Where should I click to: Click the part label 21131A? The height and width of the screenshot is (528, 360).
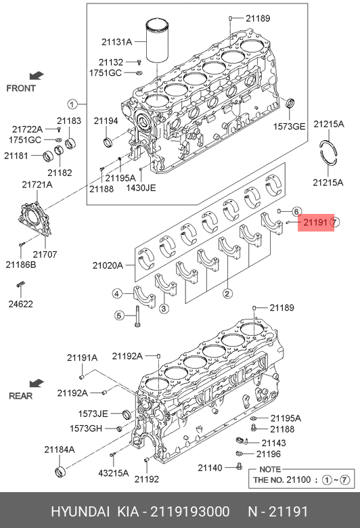[x=116, y=42]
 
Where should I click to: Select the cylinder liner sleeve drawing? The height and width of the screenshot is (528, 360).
[x=157, y=41]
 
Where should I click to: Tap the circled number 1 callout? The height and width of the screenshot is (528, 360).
[x=72, y=104]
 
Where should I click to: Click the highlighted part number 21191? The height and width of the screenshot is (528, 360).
[x=315, y=222]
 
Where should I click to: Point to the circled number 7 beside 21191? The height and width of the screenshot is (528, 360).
[x=334, y=222]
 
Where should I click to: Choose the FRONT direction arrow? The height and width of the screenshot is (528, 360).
[x=37, y=75]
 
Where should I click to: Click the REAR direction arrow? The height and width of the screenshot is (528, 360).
[x=37, y=383]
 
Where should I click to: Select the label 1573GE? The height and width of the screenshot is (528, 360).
[x=289, y=127]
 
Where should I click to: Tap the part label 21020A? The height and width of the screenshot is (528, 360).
[x=108, y=265]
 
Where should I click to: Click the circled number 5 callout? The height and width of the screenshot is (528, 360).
[x=119, y=315]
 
